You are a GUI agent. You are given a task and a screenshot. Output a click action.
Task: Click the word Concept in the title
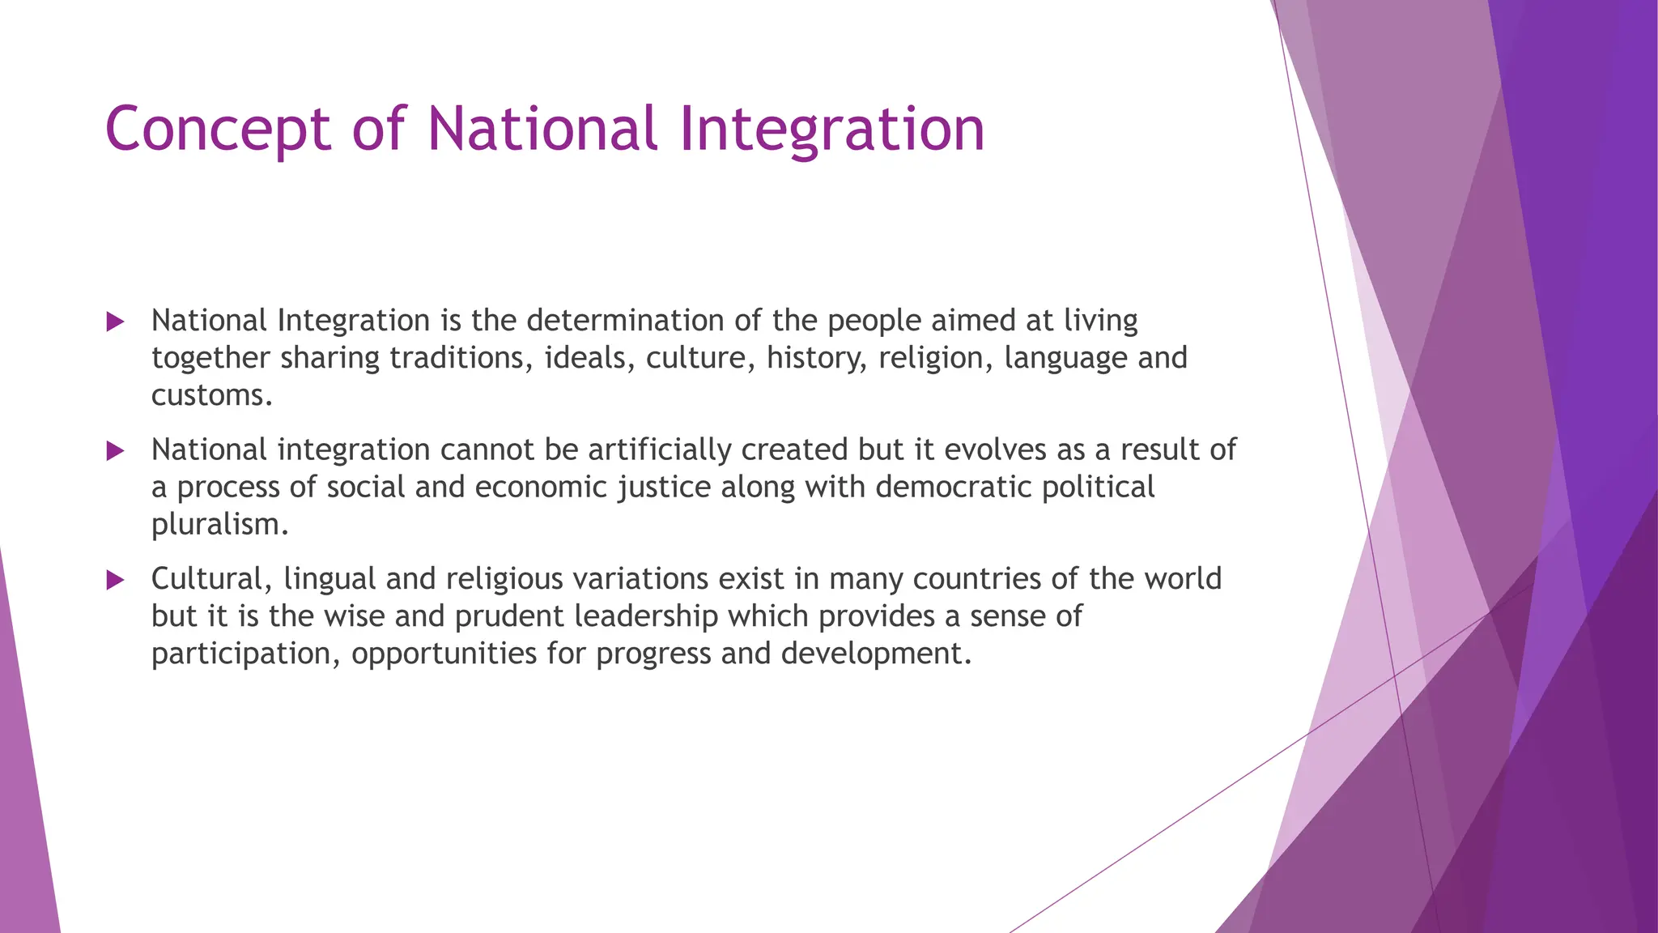[218, 130]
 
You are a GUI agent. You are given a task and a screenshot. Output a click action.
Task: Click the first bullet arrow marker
[115, 322]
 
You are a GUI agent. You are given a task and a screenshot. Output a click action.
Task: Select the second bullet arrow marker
[115, 451]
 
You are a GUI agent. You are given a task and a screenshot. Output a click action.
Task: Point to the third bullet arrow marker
[115, 580]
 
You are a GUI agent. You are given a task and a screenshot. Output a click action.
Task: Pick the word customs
[211, 395]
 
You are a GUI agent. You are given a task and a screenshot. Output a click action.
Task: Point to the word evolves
[995, 449]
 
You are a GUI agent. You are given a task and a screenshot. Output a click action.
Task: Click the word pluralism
[219, 525]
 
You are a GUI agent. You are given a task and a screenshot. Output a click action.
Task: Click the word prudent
[509, 616]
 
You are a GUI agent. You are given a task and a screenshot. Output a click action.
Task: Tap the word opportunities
[444, 654]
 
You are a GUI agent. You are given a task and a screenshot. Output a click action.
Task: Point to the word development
[876, 654]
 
